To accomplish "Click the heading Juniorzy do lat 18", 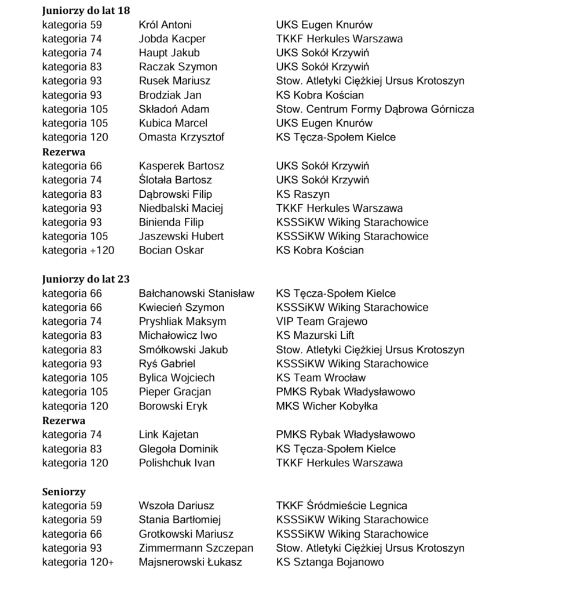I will coord(86,10).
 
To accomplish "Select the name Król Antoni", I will coord(165,25).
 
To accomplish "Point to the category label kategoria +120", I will coord(78,251).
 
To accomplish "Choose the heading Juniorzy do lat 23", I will coord(86,279).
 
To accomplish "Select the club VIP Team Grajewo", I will coord(321,321).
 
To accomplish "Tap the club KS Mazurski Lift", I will coord(315,335).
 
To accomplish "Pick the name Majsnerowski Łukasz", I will coord(190,562).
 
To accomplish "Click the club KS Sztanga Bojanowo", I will coord(329,562).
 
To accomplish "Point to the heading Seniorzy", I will coord(64,492).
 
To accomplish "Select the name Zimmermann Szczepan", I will coord(196,548).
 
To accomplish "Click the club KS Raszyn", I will coord(302,194).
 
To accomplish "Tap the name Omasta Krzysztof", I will coord(181,137).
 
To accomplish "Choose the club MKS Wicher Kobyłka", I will coord(326,406).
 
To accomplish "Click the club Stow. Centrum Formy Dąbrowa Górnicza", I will coord(374,109).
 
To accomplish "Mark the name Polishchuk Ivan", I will coord(177,463).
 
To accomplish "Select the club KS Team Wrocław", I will coord(320,378).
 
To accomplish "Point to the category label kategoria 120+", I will coord(78,562).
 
